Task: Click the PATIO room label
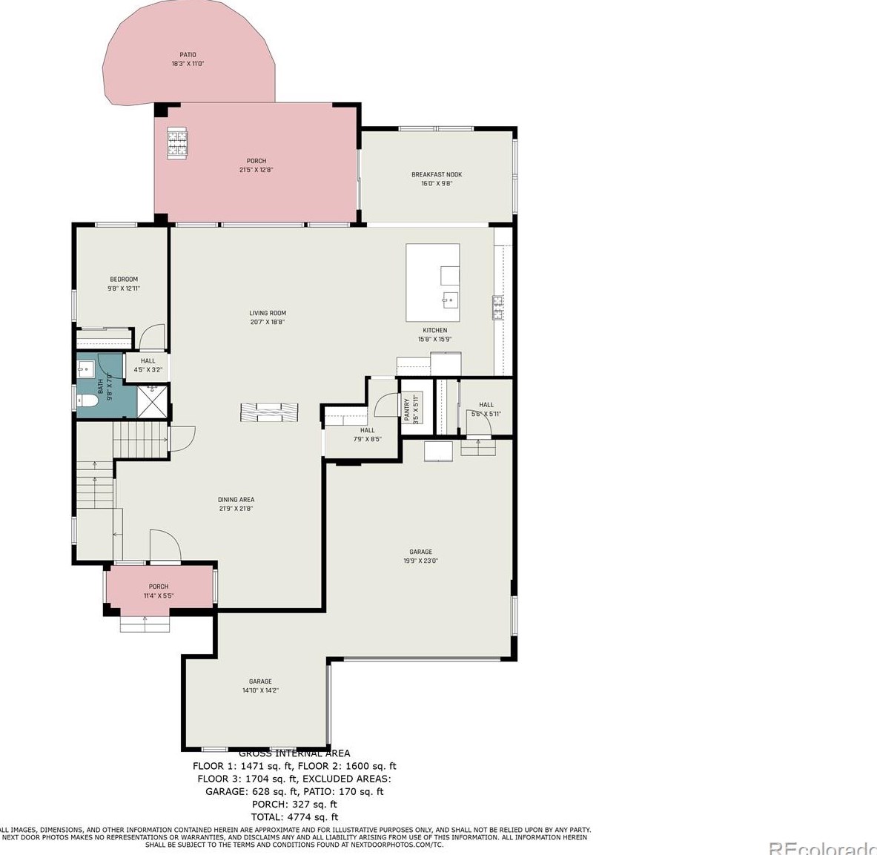[188, 55]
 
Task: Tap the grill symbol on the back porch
[177, 142]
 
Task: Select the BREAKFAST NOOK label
[437, 175]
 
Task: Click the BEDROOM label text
[124, 280]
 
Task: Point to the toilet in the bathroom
[89, 401]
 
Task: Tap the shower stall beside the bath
[153, 402]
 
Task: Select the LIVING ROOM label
[268, 314]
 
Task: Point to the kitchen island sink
[450, 300]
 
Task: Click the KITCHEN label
[434, 331]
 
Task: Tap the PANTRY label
[406, 408]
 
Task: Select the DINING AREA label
[236, 500]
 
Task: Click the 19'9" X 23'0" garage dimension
[420, 561]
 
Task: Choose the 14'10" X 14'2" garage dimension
[260, 690]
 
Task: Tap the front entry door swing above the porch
[165, 546]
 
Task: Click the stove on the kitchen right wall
[497, 306]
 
